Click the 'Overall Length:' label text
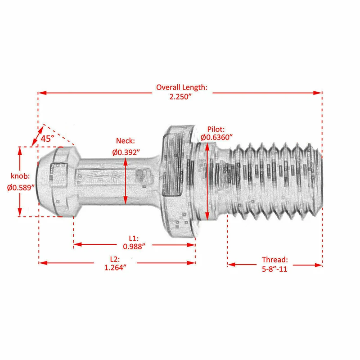pos(181,87)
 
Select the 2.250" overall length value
pos(181,97)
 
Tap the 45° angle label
pos(47,139)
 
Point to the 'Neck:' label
pos(126,141)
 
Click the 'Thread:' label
pos(274,260)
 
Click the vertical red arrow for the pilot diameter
pos(207,180)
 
